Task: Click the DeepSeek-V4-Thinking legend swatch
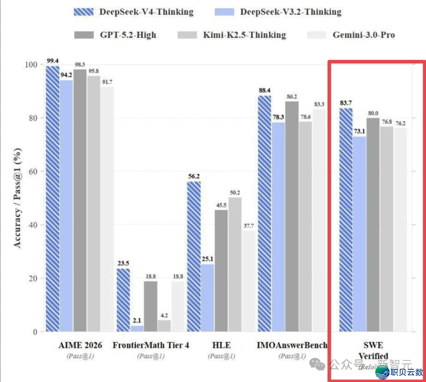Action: (84, 11)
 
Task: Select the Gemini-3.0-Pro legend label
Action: (363, 35)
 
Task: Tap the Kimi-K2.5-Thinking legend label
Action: (244, 35)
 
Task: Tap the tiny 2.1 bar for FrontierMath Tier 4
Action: (136, 328)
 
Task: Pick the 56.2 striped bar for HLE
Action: (194, 257)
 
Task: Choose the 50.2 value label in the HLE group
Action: (235, 193)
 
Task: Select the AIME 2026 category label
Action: (80, 345)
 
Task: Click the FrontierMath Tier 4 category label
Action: (151, 345)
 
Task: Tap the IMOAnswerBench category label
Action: (292, 345)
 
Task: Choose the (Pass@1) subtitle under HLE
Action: (221, 356)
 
